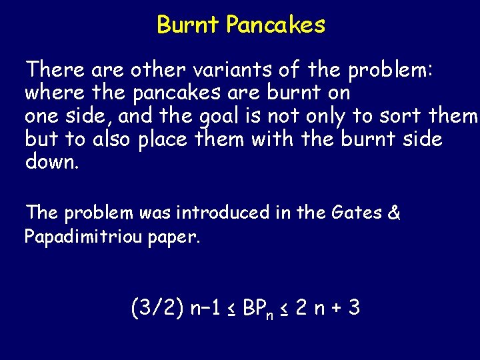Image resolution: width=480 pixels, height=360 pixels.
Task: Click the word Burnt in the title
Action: point(188,25)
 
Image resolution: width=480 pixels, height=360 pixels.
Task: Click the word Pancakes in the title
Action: point(275,25)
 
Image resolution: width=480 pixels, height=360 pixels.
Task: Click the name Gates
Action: point(355,213)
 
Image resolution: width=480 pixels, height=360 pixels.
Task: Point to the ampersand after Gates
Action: point(394,213)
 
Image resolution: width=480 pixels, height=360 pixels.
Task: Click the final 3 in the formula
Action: point(354,307)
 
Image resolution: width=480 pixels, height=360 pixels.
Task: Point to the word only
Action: point(320,117)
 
